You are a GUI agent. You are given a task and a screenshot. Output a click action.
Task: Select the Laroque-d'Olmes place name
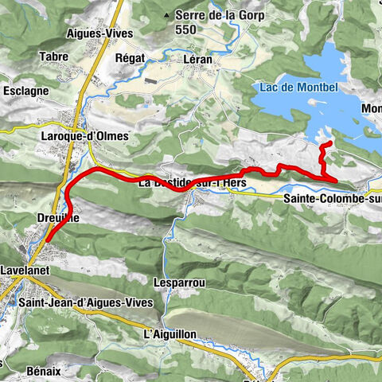pos(84,136)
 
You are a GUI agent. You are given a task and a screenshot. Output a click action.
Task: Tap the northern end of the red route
pos(328,142)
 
